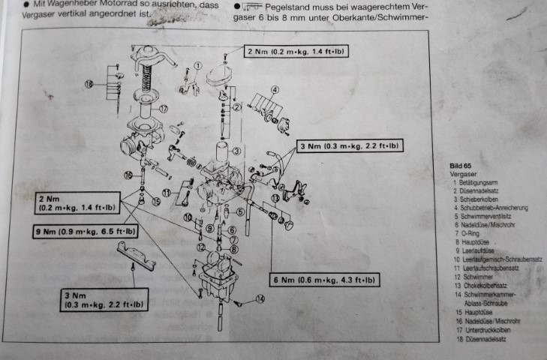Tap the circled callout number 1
[x=198, y=66]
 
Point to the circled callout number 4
[x=275, y=89]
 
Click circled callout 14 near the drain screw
[x=260, y=298]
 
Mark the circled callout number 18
[x=89, y=85]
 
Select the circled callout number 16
[x=129, y=175]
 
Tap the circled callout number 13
[x=275, y=198]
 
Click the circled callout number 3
[x=236, y=151]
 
